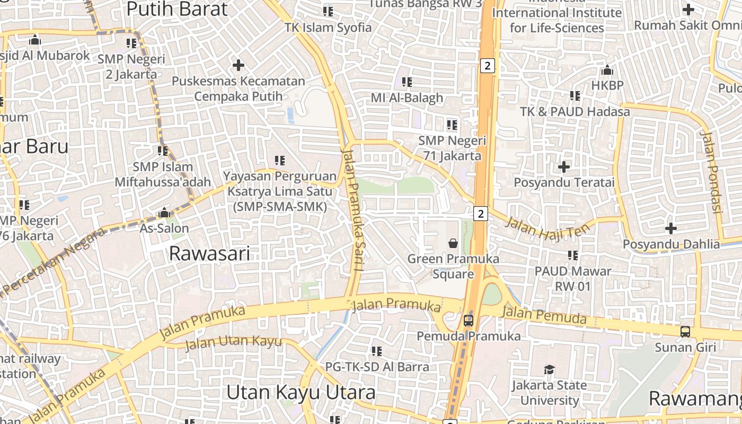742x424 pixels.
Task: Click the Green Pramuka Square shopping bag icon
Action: (x=453, y=243)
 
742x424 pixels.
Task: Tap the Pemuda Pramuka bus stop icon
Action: (x=469, y=320)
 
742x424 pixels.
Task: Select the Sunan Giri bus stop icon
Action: (x=685, y=332)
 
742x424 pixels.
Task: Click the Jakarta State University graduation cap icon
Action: (x=550, y=369)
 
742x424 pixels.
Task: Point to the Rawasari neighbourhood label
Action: (x=209, y=253)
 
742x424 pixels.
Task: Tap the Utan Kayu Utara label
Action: (x=301, y=393)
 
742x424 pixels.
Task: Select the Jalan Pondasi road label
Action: (x=711, y=172)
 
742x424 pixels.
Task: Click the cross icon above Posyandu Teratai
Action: (x=564, y=167)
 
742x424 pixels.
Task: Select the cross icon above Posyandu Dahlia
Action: (x=671, y=228)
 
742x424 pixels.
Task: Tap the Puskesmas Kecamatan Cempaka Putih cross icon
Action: (x=238, y=65)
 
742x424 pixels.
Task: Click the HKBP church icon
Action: (x=607, y=70)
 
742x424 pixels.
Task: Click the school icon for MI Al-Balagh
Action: (x=407, y=82)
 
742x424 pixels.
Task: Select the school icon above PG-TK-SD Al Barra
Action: (x=377, y=351)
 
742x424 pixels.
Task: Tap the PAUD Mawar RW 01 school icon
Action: (x=573, y=255)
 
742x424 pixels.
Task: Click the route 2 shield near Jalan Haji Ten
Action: (x=481, y=214)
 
